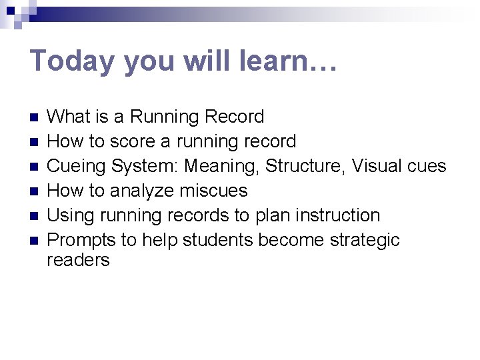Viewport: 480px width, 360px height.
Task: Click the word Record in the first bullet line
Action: pos(234,117)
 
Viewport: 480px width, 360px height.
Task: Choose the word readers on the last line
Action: pos(78,260)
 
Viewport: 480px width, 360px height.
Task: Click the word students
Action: pos(216,240)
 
